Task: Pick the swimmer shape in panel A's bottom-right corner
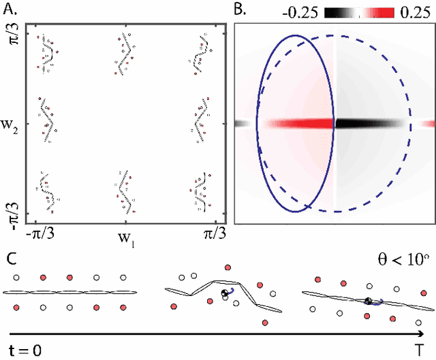(199, 191)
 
